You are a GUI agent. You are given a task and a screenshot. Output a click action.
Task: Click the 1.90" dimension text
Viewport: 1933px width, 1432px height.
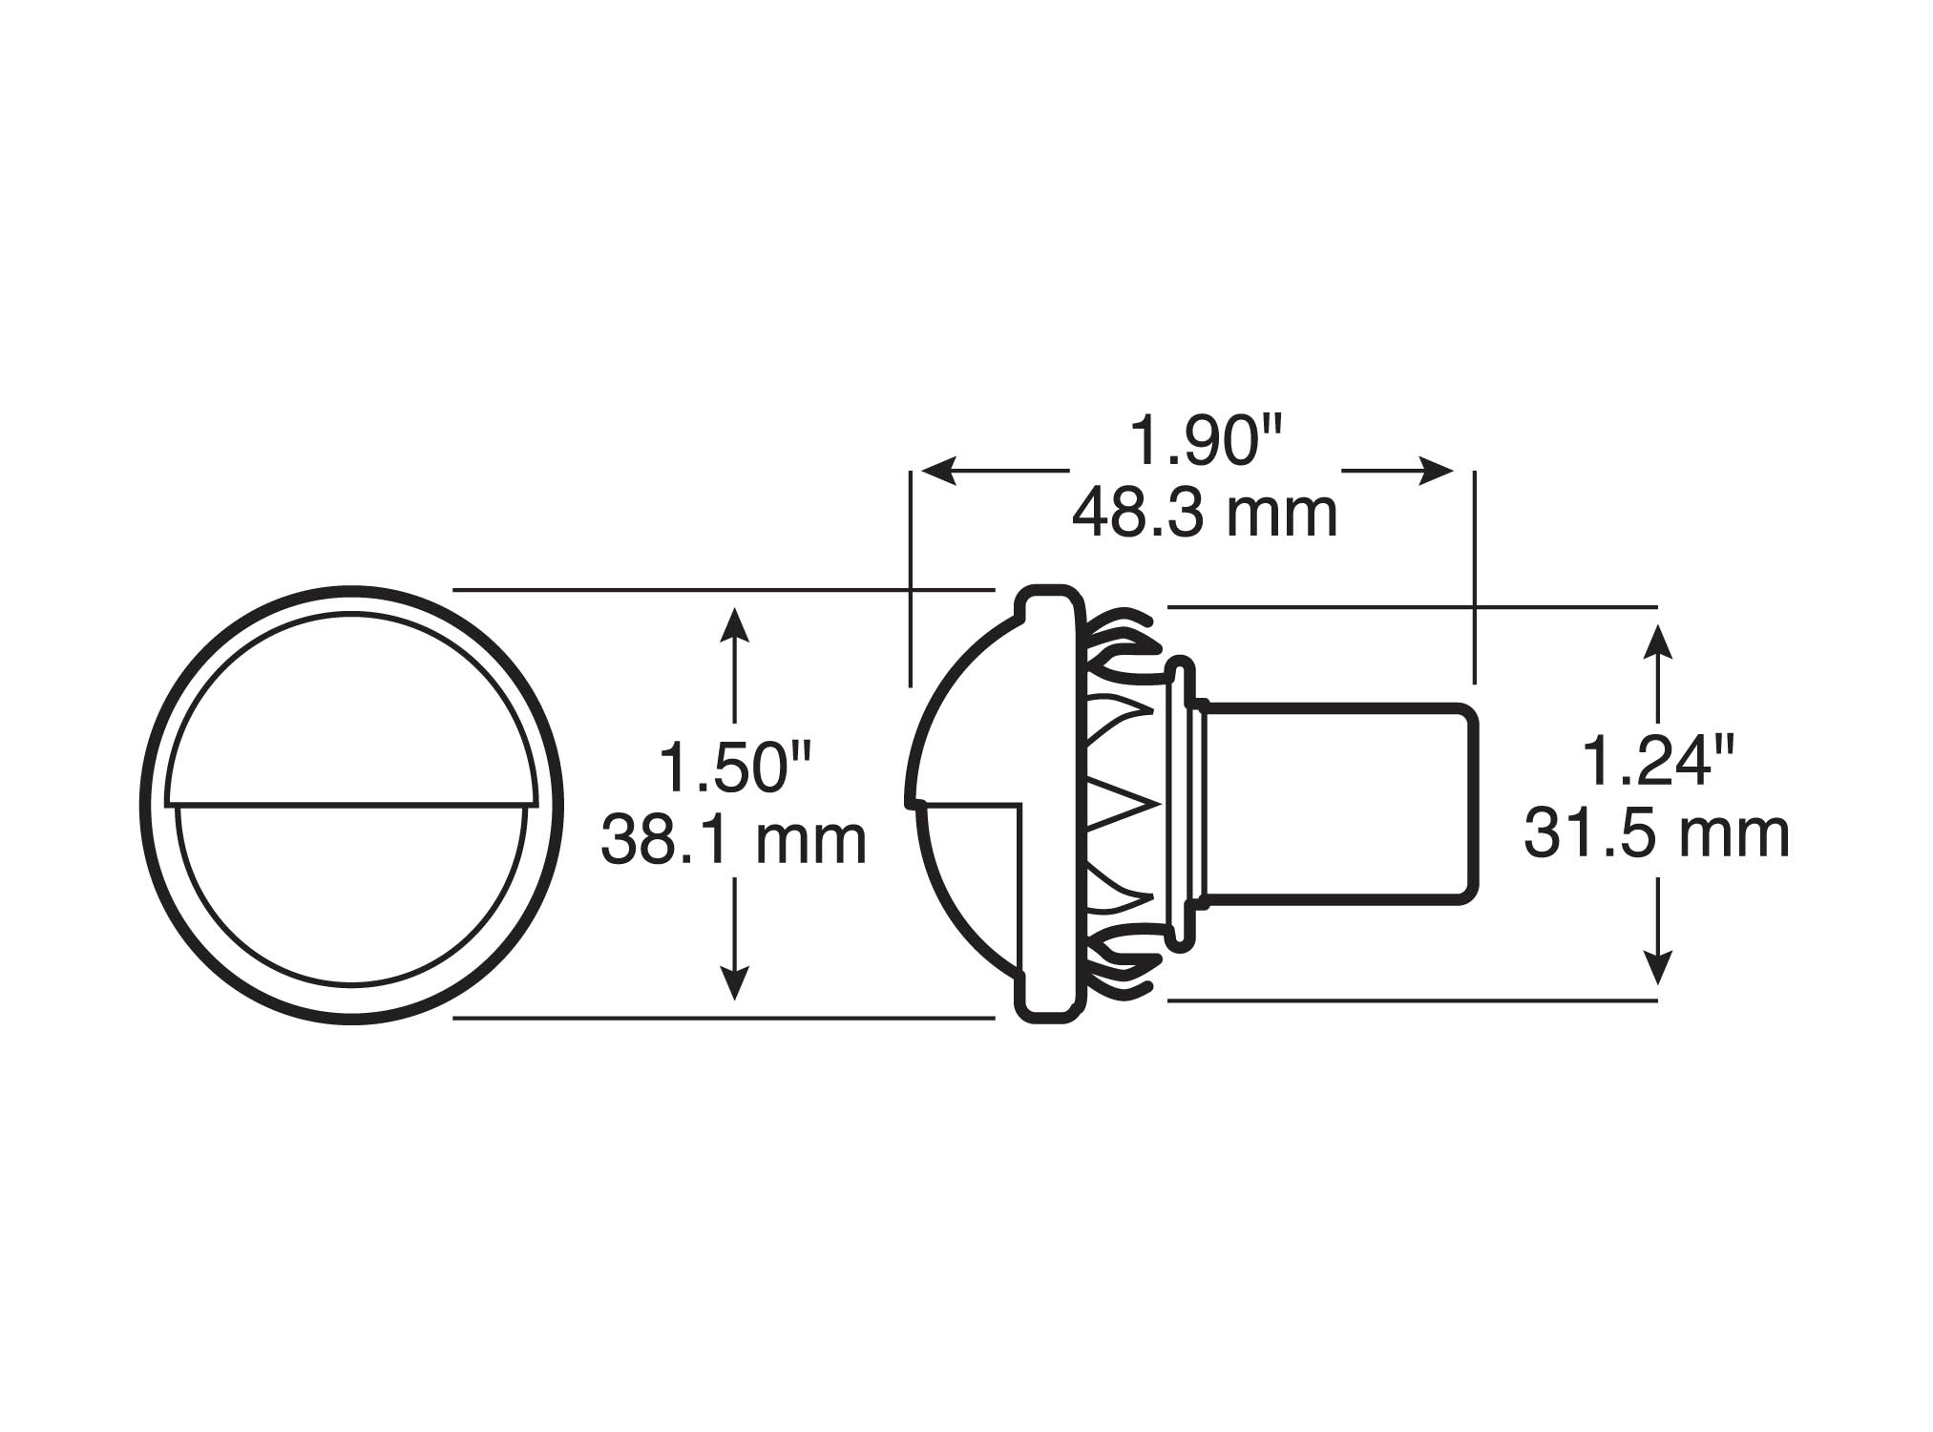pyautogui.click(x=1206, y=441)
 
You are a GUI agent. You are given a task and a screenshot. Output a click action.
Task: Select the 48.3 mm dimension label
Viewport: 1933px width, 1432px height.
pyautogui.click(x=1205, y=514)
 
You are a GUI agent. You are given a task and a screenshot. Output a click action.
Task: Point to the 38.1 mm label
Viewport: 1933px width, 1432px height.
pyautogui.click(x=733, y=839)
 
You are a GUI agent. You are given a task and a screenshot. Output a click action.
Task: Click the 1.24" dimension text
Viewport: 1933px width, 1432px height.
pyautogui.click(x=1657, y=761)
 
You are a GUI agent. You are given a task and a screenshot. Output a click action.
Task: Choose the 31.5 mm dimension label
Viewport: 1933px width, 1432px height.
pyautogui.click(x=1656, y=832)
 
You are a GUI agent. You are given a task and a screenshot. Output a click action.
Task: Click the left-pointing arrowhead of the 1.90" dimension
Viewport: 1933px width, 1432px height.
pyautogui.click(x=939, y=471)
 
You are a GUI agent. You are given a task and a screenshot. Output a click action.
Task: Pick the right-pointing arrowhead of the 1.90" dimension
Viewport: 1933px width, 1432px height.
pyautogui.click(x=1436, y=471)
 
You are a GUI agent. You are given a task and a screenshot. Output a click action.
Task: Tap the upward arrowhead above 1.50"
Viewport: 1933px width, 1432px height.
pyautogui.click(x=733, y=625)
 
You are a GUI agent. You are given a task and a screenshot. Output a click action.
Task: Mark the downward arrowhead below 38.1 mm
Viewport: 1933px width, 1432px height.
pyautogui.click(x=733, y=982)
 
